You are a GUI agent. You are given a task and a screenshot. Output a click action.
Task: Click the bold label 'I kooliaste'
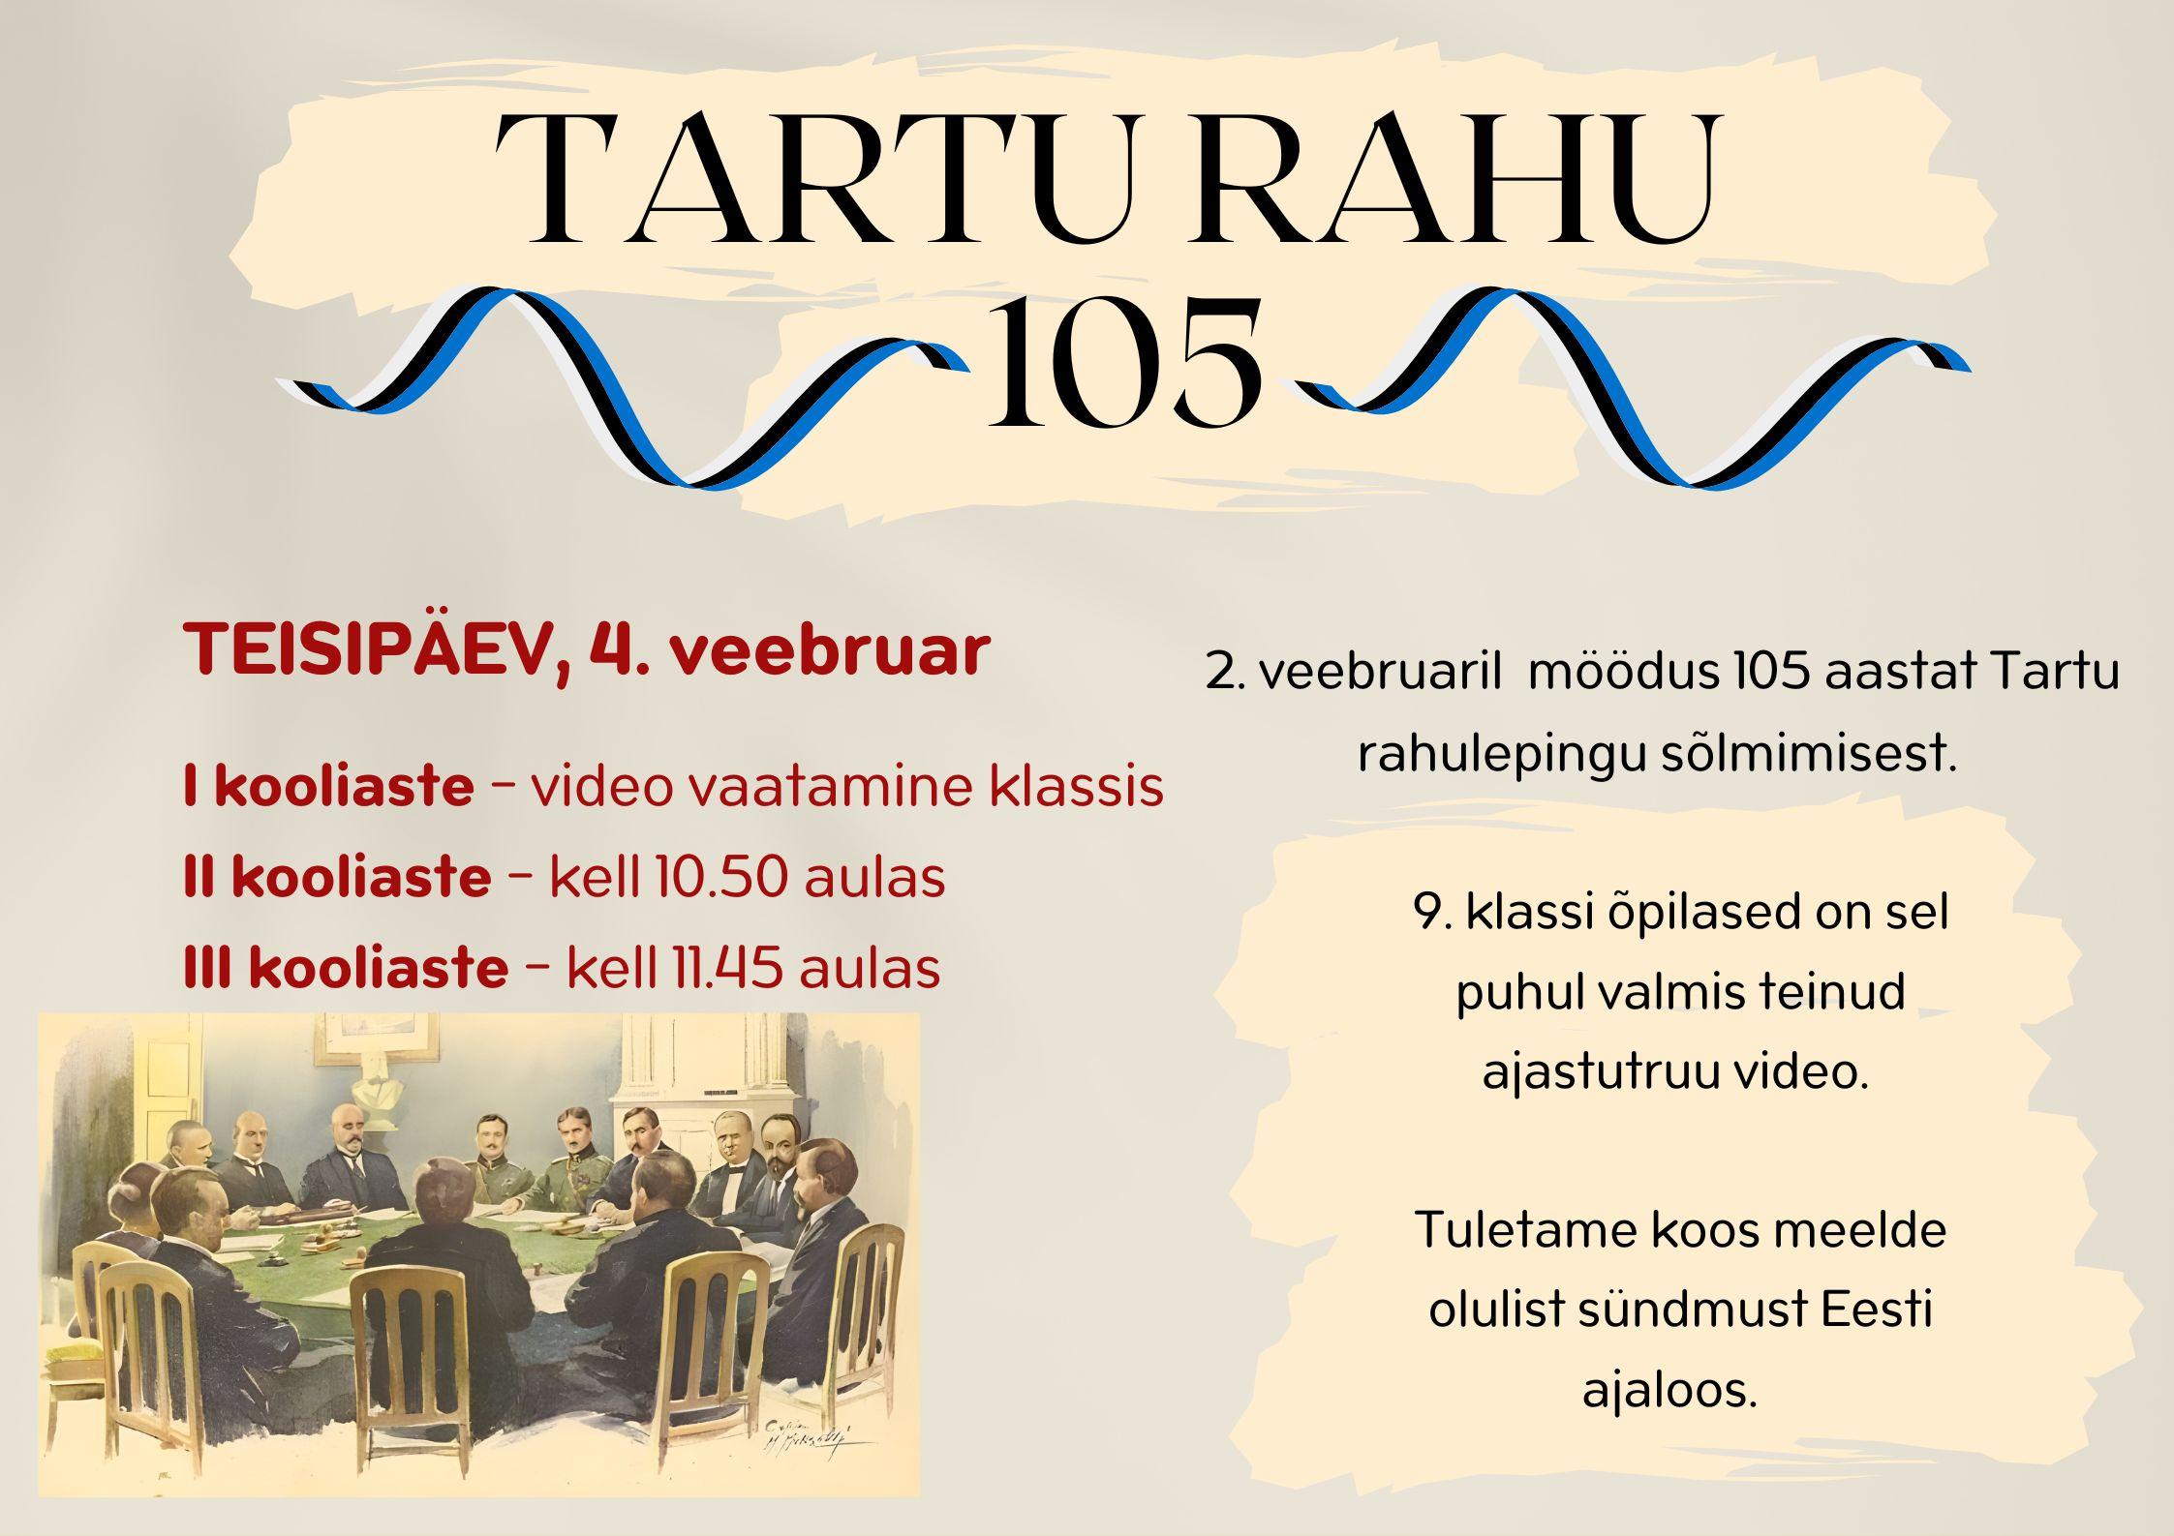[328, 787]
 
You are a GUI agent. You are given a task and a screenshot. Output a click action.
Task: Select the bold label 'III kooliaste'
[346, 967]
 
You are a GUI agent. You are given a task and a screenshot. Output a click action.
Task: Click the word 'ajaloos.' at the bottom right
[1669, 1391]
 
